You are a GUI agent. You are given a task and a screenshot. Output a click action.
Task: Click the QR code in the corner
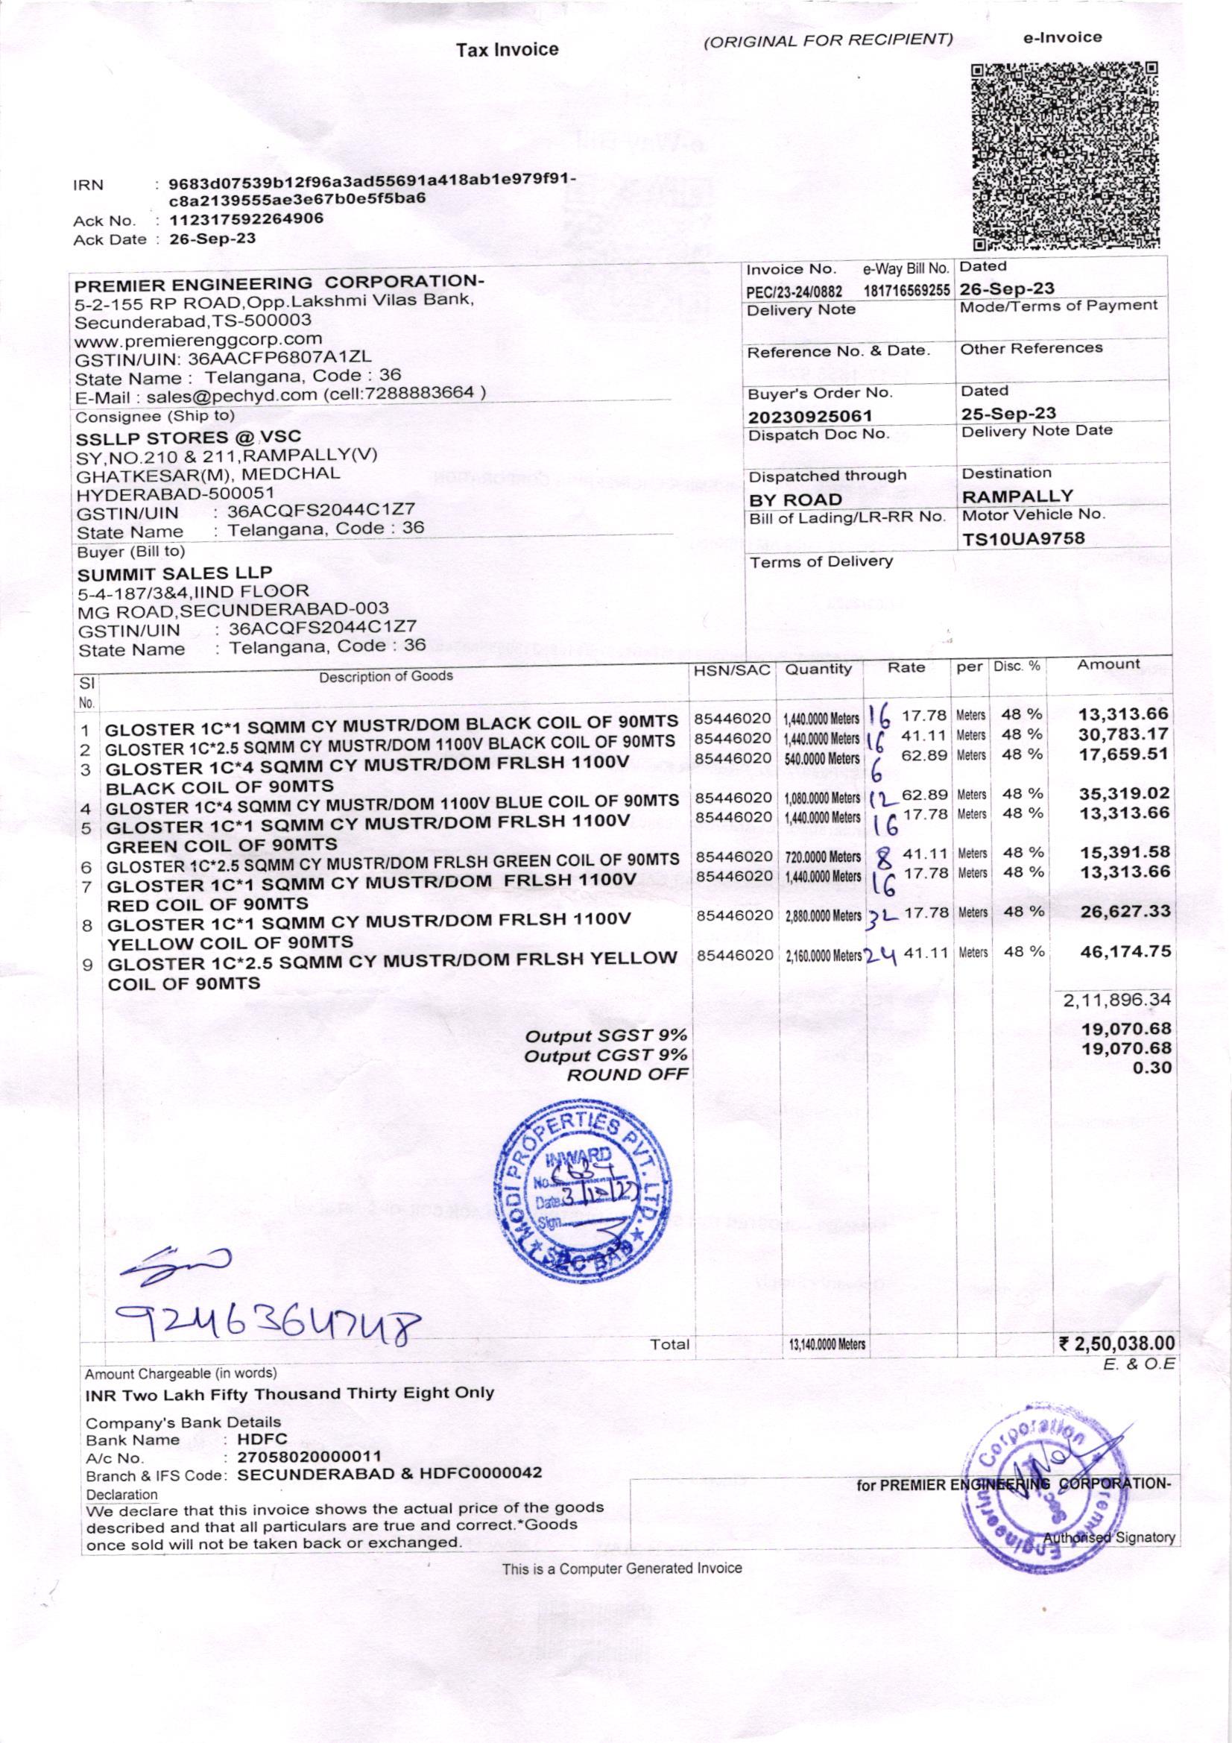click(1065, 156)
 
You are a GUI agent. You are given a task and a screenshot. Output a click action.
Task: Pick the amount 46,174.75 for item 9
click(1125, 951)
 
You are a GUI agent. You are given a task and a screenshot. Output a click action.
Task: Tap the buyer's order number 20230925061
click(810, 416)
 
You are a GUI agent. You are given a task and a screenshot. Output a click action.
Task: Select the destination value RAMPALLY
click(1017, 497)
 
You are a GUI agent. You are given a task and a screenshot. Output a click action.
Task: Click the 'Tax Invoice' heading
click(507, 50)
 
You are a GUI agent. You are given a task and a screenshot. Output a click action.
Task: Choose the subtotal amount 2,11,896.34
click(1117, 1000)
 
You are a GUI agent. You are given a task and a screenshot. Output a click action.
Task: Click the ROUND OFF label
click(628, 1074)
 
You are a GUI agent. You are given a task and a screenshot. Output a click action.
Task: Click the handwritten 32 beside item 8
click(882, 915)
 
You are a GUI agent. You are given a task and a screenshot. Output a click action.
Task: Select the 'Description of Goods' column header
click(385, 675)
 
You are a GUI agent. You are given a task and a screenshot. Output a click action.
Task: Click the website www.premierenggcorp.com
click(198, 338)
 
